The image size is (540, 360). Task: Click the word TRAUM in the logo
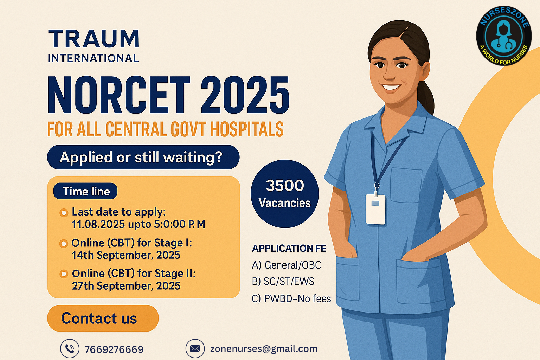coord(94,39)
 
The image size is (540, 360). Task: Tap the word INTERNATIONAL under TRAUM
coord(93,58)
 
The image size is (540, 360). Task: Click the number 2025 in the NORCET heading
coord(245,95)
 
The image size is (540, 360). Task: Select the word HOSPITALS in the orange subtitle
coord(247,129)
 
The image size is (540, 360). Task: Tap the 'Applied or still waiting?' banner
coord(143,157)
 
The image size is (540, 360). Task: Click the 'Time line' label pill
coord(85,191)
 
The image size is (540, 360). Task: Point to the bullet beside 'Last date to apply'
coord(64,213)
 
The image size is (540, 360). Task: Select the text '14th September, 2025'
coord(126,255)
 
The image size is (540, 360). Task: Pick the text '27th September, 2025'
coord(126,286)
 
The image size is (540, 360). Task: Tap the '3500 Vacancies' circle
coord(284,194)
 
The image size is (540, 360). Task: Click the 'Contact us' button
coord(103,318)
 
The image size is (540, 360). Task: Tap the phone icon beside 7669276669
coord(70,348)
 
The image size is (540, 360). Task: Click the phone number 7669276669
coord(114,349)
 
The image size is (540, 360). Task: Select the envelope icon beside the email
coord(195,348)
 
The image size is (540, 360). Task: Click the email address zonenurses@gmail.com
coord(264,349)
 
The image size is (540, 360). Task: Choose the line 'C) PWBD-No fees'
coord(291,299)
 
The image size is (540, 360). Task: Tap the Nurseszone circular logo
coord(504,36)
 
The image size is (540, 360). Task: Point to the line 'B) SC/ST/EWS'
coord(283,282)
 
